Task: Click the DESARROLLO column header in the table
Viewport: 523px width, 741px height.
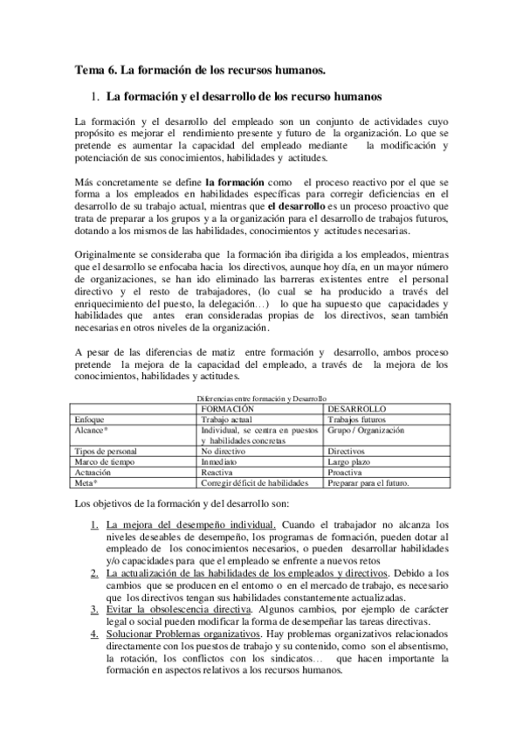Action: tap(356, 408)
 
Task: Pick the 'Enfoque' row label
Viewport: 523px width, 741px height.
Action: tap(93, 419)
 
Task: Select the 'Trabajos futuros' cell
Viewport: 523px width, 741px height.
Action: tap(358, 419)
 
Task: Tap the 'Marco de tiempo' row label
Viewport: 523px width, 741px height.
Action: tap(107, 461)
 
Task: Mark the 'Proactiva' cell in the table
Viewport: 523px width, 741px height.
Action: tap(348, 471)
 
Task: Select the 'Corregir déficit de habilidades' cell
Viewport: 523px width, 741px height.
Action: tap(254, 481)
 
